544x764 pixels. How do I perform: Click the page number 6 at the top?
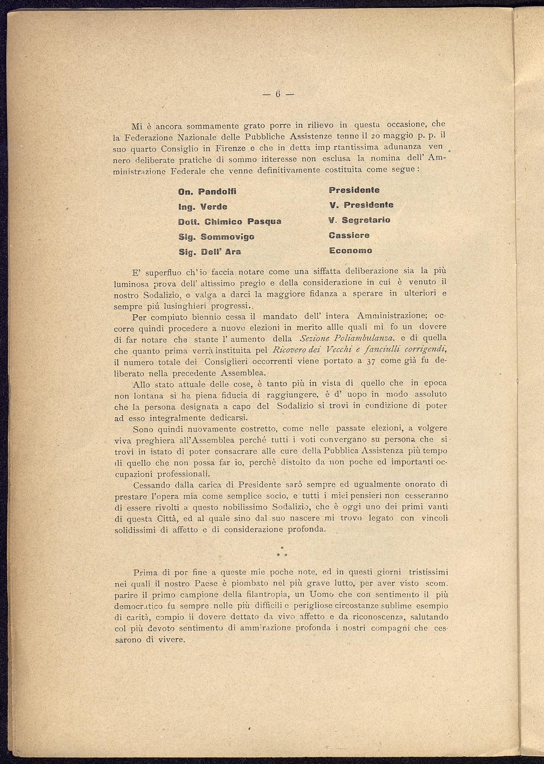coord(278,94)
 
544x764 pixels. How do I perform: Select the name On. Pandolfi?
coord(208,192)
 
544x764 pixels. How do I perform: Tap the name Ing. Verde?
coord(203,207)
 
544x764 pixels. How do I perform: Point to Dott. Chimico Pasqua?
coord(230,222)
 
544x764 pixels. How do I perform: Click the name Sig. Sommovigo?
coord(216,237)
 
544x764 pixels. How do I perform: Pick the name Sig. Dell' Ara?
coord(210,252)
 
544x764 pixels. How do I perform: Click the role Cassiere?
coord(349,235)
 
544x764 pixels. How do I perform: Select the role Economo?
coord(350,250)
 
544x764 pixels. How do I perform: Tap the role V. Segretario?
coord(359,220)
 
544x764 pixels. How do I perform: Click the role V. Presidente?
coord(361,204)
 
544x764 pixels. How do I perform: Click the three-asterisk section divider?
coord(281,551)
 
